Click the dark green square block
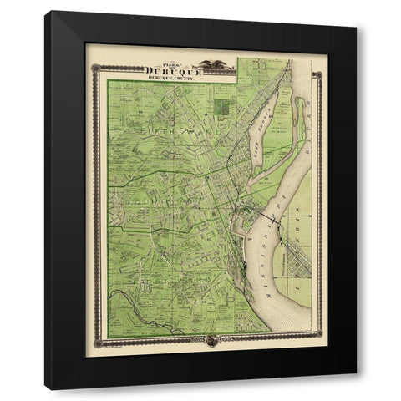[x=221, y=107]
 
